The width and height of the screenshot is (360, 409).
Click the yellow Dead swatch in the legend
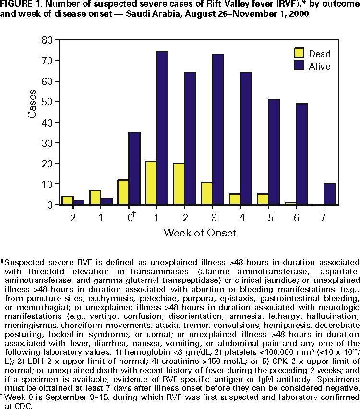point(300,53)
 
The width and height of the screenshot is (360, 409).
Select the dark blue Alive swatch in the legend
point(300,66)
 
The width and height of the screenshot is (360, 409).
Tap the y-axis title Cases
point(32,103)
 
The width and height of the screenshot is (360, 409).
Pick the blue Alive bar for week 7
point(329,194)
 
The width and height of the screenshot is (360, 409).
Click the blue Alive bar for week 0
point(134,168)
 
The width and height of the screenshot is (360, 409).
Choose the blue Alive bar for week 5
point(274,152)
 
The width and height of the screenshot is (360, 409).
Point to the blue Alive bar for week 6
point(301,154)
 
